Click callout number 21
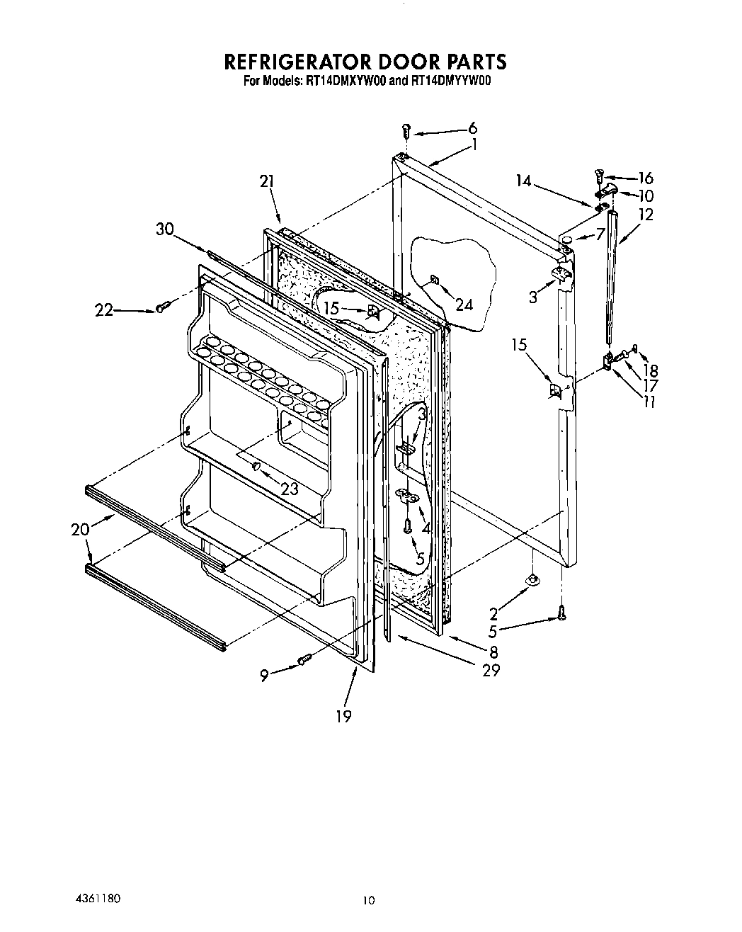point(266,182)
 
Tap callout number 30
point(164,229)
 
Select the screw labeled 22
point(162,307)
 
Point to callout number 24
point(464,305)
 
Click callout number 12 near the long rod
point(646,214)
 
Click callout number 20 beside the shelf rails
point(80,529)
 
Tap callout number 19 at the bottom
point(343,717)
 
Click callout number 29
point(490,670)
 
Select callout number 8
point(493,652)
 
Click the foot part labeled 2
point(530,581)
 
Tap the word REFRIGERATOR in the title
point(303,62)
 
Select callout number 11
point(648,402)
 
